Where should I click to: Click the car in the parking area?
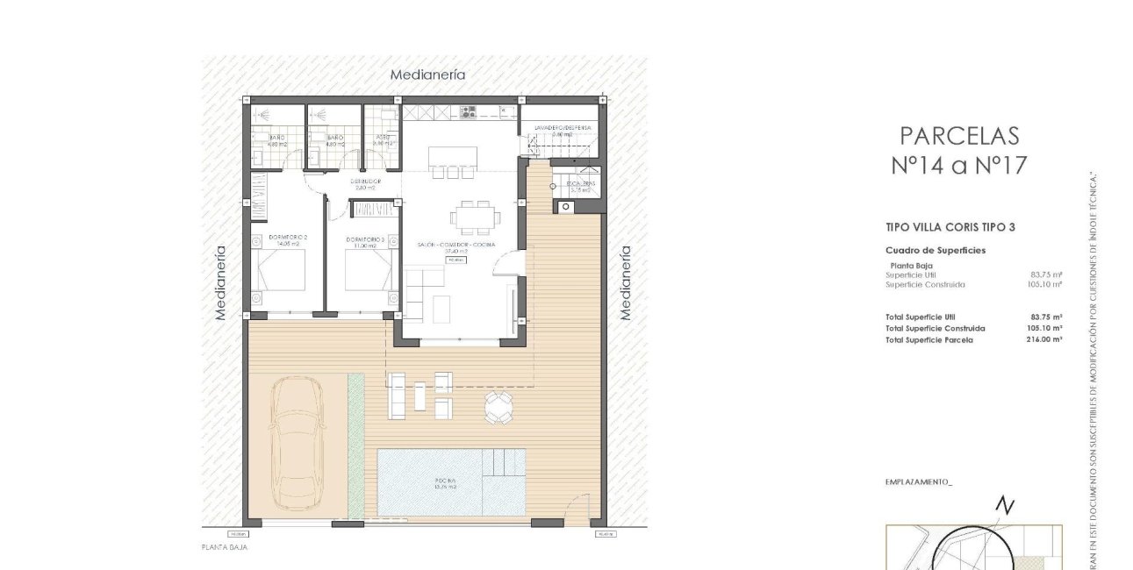[x=296, y=443]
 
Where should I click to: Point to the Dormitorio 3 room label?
[x=365, y=239]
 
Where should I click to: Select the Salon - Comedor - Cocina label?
[x=456, y=244]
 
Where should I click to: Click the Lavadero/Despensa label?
[x=563, y=128]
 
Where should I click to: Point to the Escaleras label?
[x=581, y=184]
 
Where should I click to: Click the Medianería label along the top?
[x=427, y=75]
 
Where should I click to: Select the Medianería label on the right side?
[x=626, y=281]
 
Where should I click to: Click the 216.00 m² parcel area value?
[x=1044, y=339]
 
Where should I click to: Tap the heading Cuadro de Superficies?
[x=935, y=250]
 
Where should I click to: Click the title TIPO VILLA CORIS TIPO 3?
[x=950, y=227]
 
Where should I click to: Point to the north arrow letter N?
[x=1005, y=505]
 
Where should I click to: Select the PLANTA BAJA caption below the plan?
[x=225, y=547]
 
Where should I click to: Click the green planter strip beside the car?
[x=355, y=445]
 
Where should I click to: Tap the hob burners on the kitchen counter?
[x=468, y=111]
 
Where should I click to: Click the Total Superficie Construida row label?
[x=936, y=328]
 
